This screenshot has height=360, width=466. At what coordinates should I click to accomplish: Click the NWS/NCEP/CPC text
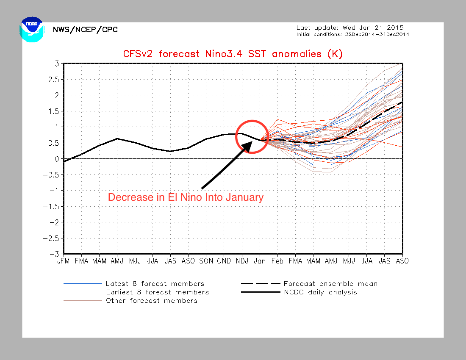(x=85, y=30)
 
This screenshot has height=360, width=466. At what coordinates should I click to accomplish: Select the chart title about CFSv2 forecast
(x=233, y=54)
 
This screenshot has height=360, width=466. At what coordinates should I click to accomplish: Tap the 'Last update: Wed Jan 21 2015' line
(x=350, y=28)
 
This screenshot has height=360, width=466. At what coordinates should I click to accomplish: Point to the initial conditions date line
(x=352, y=34)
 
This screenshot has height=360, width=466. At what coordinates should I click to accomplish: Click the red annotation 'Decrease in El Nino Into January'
(x=186, y=197)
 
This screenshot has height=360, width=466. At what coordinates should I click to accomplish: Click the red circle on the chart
(x=252, y=136)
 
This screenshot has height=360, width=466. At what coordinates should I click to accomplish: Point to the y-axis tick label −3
(x=54, y=254)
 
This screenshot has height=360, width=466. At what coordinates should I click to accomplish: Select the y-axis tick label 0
(x=56, y=159)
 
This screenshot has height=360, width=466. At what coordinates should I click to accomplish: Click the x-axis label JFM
(x=64, y=261)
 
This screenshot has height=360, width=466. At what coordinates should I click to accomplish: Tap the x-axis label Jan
(x=260, y=261)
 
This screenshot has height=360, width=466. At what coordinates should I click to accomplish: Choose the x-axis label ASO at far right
(x=402, y=261)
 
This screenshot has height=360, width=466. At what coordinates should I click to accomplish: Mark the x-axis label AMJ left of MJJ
(x=117, y=261)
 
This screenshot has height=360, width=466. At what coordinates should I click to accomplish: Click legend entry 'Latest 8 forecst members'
(x=155, y=284)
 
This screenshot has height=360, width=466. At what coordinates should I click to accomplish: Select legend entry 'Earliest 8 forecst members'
(x=157, y=292)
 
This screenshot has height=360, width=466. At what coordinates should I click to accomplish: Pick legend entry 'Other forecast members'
(x=151, y=301)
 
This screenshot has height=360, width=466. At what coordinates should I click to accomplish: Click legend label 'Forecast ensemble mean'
(x=330, y=284)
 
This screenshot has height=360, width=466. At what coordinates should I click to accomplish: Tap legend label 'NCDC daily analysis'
(x=320, y=292)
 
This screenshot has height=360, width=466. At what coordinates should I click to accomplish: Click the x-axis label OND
(x=224, y=261)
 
